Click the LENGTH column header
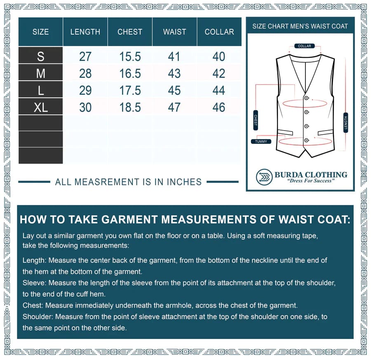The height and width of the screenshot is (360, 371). pos(85,32)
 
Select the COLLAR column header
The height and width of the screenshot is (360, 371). pos(219,32)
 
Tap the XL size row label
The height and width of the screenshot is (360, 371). pos(40,108)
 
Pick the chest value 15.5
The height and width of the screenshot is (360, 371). pos(130,56)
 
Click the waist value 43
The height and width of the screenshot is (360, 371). pos(174,73)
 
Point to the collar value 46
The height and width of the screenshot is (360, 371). pos(219,108)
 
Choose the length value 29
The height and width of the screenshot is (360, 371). pos(85,91)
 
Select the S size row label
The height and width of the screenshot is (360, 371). pos(40,56)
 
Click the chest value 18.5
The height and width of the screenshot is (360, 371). pos(130,108)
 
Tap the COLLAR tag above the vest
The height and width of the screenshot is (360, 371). pos(305,46)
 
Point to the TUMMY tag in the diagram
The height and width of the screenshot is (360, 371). pos(261,141)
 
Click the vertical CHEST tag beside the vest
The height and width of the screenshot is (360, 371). pos(256,120)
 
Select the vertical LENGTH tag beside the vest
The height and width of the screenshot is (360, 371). pos(345,122)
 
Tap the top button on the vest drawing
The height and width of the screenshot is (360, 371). pos(306,98)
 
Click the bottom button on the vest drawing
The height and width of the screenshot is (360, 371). pos(306,140)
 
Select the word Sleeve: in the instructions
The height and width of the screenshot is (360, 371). pos(34,283)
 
